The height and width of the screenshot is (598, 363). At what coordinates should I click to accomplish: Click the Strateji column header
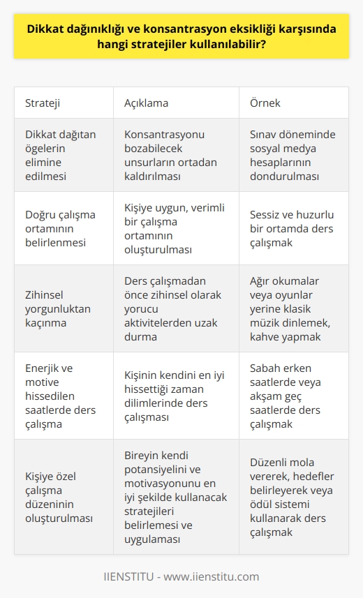[43, 103]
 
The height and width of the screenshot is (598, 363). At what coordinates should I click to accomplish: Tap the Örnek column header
[266, 103]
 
